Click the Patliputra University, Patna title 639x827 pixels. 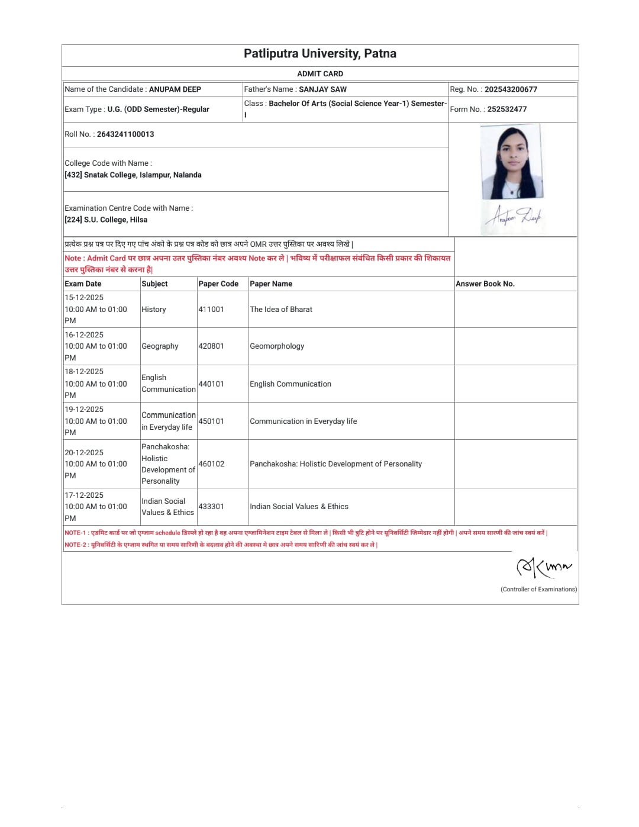(320, 54)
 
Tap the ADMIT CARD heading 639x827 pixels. (320, 74)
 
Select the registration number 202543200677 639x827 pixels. (511, 89)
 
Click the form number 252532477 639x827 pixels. (506, 110)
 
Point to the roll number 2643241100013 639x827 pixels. (125, 134)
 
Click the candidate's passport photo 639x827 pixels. (511, 162)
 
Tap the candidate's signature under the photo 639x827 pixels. (513, 217)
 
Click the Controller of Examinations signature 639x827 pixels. (544, 567)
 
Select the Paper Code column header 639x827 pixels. (218, 284)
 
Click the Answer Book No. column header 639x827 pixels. (485, 284)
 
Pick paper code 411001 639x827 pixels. (211, 310)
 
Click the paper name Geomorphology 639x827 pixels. (277, 346)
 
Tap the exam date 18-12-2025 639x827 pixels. (84, 372)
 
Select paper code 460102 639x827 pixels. (211, 464)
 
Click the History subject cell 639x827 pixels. (154, 310)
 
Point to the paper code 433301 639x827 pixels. (211, 507)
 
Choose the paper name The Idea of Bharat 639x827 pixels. (281, 310)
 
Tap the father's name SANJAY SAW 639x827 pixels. (322, 89)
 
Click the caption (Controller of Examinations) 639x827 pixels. (538, 590)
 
